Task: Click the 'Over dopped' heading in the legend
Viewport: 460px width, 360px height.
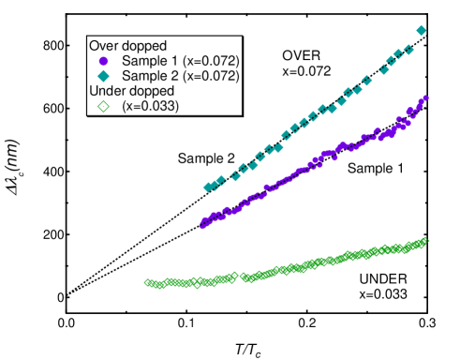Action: point(127,45)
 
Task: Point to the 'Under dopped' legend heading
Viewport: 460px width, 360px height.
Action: point(130,91)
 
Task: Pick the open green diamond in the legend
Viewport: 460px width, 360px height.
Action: point(103,107)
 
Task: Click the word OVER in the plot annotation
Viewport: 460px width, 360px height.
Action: point(301,56)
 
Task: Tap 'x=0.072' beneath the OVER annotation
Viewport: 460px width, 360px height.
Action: point(306,71)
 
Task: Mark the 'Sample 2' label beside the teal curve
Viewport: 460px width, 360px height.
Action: point(206,158)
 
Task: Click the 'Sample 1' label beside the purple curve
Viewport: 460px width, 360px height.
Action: point(376,169)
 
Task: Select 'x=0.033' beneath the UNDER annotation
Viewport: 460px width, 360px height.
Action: point(382,294)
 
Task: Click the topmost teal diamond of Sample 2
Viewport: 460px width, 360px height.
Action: point(421,31)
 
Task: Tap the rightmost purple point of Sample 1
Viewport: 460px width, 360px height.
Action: point(426,97)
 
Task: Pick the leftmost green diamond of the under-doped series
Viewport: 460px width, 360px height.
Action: point(147,282)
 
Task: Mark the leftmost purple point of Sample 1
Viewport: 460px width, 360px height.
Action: point(202,225)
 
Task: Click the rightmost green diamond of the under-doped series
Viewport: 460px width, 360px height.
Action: point(427,240)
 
